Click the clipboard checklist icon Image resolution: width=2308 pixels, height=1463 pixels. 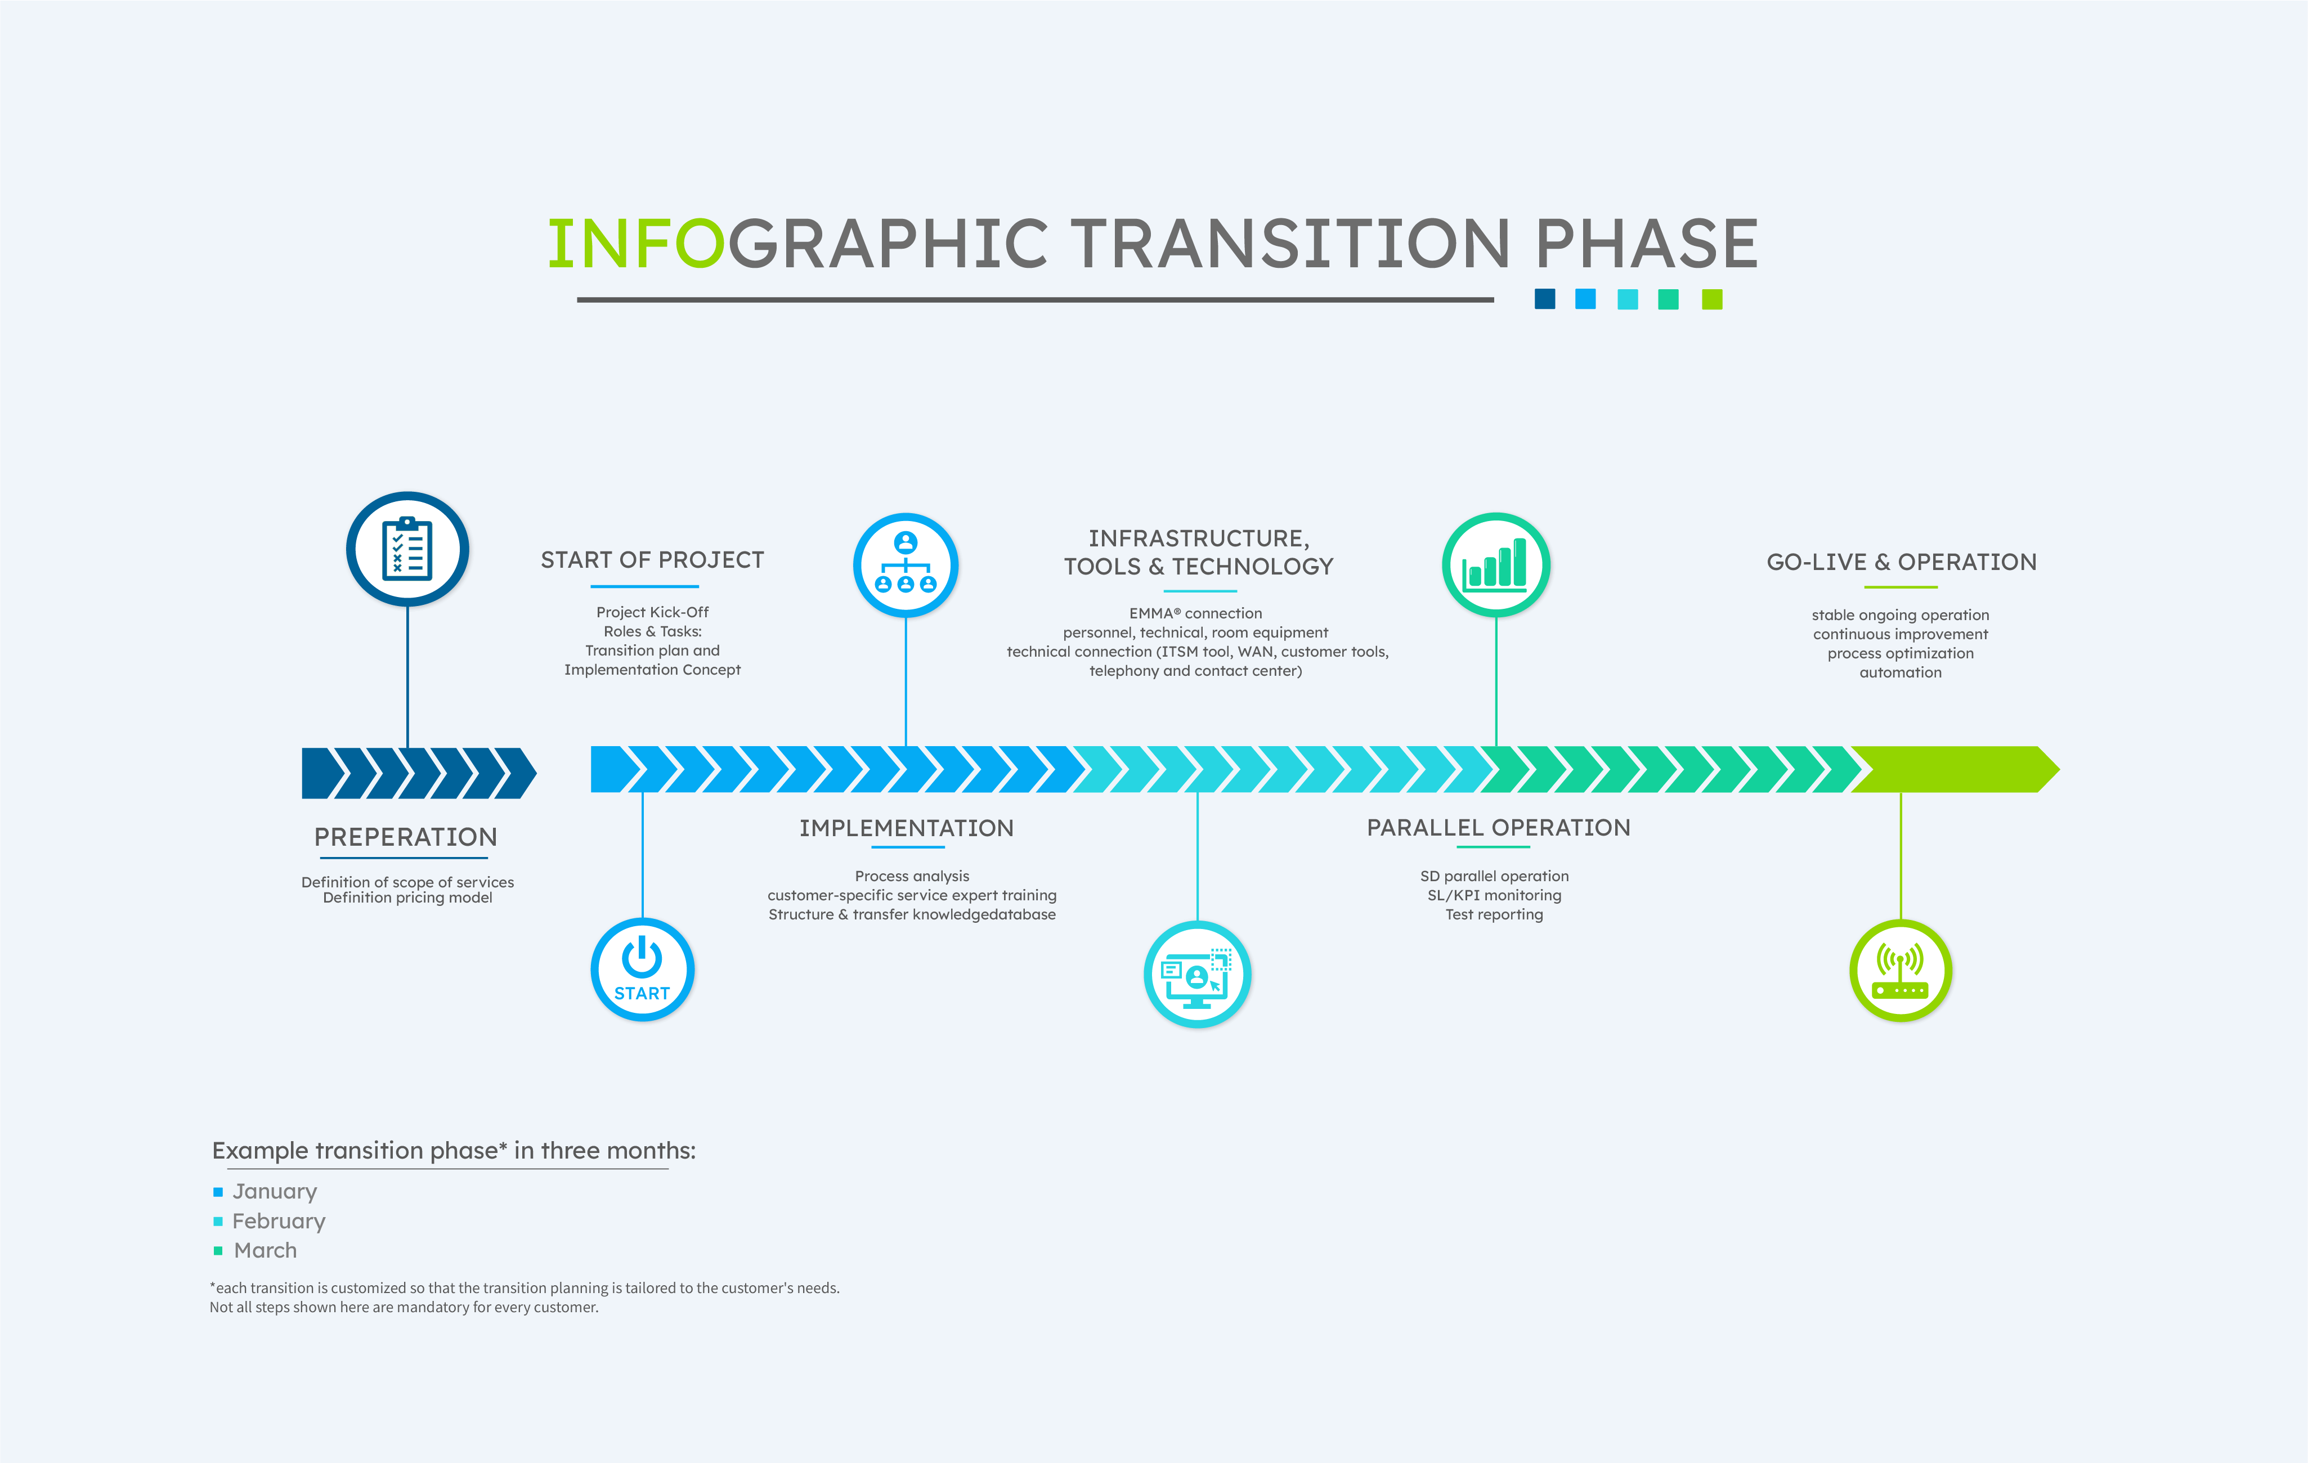tap(407, 549)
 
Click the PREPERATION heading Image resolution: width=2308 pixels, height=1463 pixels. tap(405, 837)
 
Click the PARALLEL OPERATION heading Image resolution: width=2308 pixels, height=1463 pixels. tap(1498, 828)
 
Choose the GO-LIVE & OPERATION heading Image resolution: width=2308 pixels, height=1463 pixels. tap(1902, 562)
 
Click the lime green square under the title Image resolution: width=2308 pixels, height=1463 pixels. tap(1712, 300)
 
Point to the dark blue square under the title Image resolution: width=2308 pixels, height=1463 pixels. tap(1545, 299)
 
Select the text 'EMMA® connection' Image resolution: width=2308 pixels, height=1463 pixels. tap(1195, 613)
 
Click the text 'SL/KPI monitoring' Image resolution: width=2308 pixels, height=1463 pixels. tap(1494, 895)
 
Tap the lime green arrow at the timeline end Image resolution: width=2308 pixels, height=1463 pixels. tap(1955, 769)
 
